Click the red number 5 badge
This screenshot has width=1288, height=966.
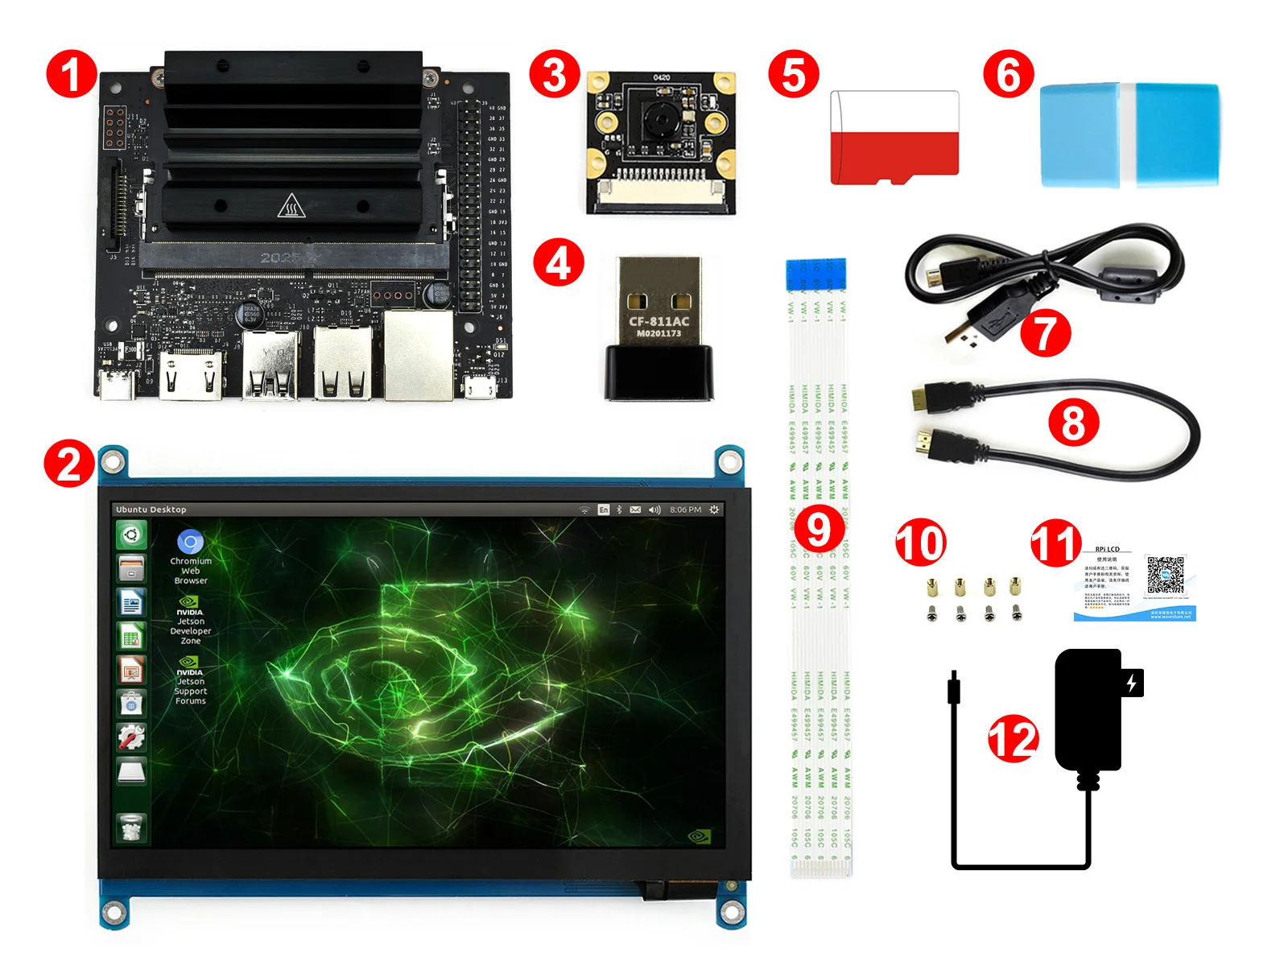click(x=793, y=75)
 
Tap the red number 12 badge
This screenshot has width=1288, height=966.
click(x=1013, y=739)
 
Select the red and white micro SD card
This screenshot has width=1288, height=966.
click(x=894, y=138)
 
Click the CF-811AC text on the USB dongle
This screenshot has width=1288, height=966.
click(x=658, y=321)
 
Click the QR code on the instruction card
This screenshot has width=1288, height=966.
click(x=1165, y=575)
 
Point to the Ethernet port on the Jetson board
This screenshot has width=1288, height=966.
click(x=418, y=354)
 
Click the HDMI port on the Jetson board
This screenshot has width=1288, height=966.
click(x=191, y=376)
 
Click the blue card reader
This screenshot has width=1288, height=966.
click(x=1129, y=134)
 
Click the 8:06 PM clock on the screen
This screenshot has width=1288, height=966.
click(x=685, y=510)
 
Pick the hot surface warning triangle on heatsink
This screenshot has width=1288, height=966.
click(x=291, y=206)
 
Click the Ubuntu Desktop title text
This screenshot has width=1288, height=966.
click(x=151, y=510)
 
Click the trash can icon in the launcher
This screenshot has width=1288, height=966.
click(x=131, y=828)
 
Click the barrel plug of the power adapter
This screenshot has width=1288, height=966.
click(x=954, y=689)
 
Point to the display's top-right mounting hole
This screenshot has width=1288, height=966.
click(x=730, y=461)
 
